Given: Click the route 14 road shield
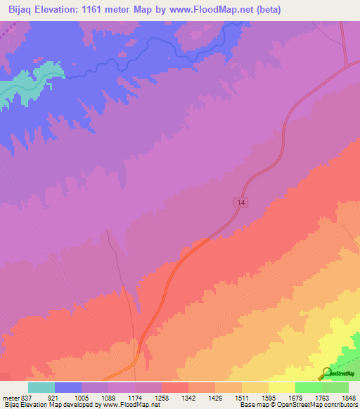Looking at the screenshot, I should click(x=241, y=202).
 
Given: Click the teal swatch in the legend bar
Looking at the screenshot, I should click(x=41, y=387).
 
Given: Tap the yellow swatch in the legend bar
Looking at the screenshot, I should click(x=281, y=387).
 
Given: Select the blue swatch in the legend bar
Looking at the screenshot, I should click(x=67, y=387).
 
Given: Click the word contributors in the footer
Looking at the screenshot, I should click(x=339, y=405).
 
